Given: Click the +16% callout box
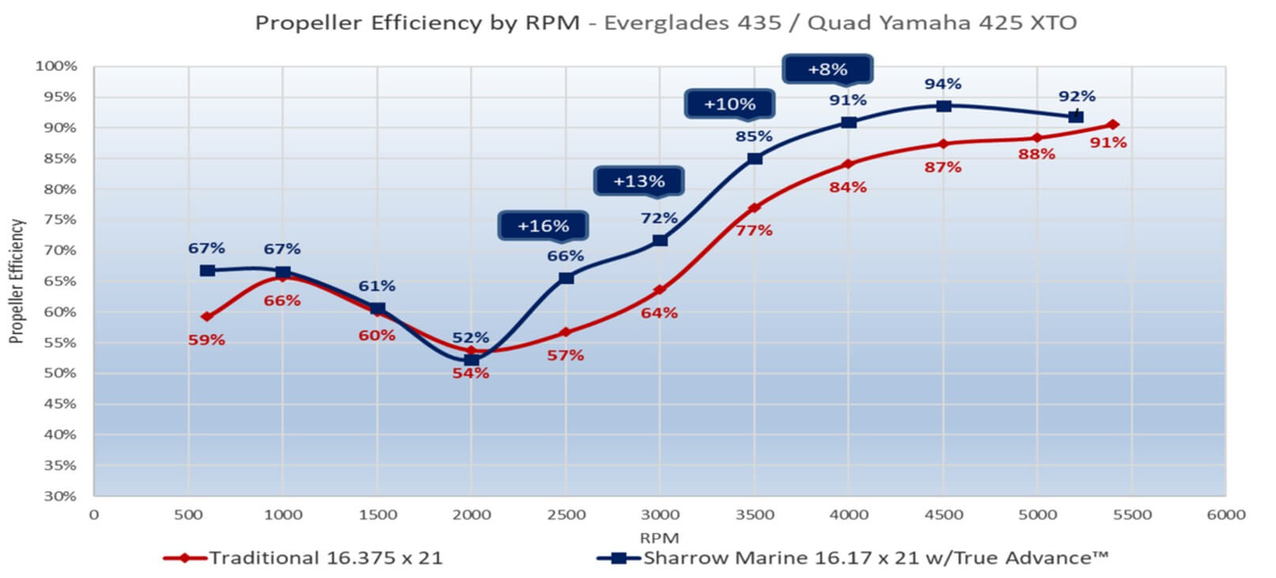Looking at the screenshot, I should pos(543,226).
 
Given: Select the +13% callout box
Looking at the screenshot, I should pos(638,182).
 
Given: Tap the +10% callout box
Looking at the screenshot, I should pos(729,104).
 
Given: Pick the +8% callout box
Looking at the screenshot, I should pos(826,70).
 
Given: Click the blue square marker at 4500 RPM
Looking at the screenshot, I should pos(943,106).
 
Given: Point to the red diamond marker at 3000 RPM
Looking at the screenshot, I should pos(660,290).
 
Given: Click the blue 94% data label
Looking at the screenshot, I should pos(943,84).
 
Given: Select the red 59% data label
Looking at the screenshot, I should pos(206,340).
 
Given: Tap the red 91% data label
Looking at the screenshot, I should pos(1108,143).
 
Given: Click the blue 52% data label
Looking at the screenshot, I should pos(470,338).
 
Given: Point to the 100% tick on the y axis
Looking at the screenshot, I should pos(57,66).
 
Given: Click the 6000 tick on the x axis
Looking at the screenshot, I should pos(1225,515).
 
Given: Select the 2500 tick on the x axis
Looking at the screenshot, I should pos(566,515).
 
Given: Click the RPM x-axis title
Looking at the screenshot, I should pos(659,538).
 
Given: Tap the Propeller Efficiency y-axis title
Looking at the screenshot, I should pos(17,281).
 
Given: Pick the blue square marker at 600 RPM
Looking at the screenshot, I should pos(207,270).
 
